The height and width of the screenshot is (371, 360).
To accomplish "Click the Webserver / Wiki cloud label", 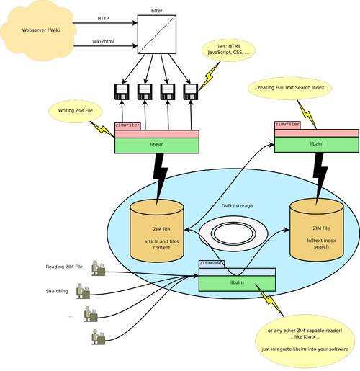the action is pyautogui.click(x=41, y=30).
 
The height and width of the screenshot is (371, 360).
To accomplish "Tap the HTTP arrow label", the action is pyautogui.click(x=103, y=19).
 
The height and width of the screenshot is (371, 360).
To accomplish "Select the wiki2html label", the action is pyautogui.click(x=103, y=41).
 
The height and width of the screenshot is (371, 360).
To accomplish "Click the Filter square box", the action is pyautogui.click(x=157, y=35).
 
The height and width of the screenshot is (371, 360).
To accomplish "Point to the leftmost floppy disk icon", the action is pyautogui.click(x=122, y=91).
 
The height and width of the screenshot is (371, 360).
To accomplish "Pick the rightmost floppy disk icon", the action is pyautogui.click(x=191, y=91).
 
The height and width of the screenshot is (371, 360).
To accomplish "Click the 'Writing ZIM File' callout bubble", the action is pyautogui.click(x=76, y=111).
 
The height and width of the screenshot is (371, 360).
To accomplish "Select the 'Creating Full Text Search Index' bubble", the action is pyautogui.click(x=289, y=88).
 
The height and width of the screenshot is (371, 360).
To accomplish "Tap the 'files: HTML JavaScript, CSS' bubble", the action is pyautogui.click(x=228, y=50).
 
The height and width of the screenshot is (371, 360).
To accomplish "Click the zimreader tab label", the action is pyautogui.click(x=212, y=263).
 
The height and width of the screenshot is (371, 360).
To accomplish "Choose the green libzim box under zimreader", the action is pyautogui.click(x=237, y=283).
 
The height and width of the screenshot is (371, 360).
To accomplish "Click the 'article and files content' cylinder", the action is pyautogui.click(x=157, y=231).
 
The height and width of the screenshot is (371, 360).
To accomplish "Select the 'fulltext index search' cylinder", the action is pyautogui.click(x=317, y=230).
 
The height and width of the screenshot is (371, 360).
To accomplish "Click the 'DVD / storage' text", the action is pyautogui.click(x=237, y=206).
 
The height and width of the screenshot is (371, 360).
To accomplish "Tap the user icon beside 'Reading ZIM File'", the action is pyautogui.click(x=98, y=268).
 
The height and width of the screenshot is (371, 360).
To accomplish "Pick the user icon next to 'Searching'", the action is pyautogui.click(x=83, y=291).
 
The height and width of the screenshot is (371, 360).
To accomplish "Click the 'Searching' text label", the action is pyautogui.click(x=57, y=291).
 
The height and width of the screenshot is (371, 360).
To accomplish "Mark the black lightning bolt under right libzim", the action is pyautogui.click(x=320, y=178).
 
